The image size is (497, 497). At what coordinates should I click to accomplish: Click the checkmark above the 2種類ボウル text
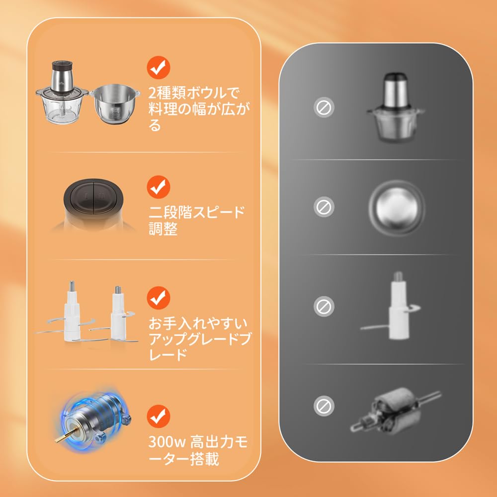click(x=159, y=68)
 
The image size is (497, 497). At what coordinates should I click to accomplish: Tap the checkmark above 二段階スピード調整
click(x=159, y=187)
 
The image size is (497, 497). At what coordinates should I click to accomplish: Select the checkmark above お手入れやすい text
click(x=159, y=297)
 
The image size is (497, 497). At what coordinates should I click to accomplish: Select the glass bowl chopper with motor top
click(x=62, y=98)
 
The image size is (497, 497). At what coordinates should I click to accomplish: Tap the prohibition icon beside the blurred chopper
click(x=324, y=107)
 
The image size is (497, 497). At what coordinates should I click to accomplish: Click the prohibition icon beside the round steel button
click(x=324, y=207)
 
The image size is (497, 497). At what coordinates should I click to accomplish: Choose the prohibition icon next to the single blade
click(x=324, y=306)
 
